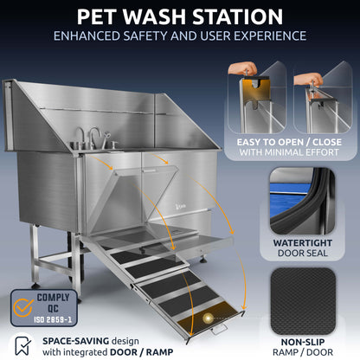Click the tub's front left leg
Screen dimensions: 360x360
click(x=76, y=268)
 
